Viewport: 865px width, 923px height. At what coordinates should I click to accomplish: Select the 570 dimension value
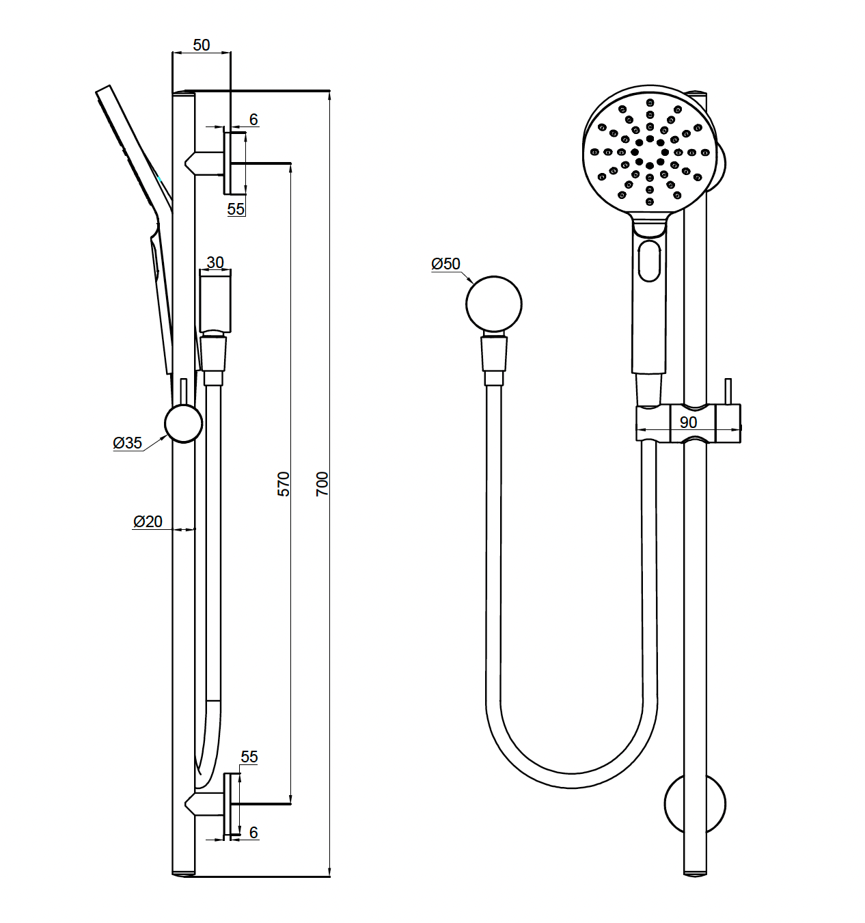pos(284,483)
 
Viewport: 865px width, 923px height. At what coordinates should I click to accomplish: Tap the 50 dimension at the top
pos(202,45)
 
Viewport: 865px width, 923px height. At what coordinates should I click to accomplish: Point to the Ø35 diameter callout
pos(128,443)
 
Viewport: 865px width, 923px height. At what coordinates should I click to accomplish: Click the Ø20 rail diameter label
pos(148,522)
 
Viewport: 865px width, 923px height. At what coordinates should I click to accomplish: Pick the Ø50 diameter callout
pos(446,263)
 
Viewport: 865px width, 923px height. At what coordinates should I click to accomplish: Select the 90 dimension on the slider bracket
pos(688,422)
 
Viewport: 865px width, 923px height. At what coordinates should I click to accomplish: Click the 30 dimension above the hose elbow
pos(215,263)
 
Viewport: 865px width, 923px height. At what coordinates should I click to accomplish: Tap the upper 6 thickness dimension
pos(253,120)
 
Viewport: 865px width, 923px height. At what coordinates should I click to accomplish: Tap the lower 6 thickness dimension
pos(253,832)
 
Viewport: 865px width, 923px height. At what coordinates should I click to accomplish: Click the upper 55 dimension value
pos(236,209)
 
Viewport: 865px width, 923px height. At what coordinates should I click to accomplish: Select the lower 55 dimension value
pos(249,756)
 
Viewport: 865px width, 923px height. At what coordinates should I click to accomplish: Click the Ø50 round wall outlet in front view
pos(494,304)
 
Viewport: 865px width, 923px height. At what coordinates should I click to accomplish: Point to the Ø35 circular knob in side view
pos(184,423)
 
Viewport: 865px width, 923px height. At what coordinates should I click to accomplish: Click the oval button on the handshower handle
pos(649,260)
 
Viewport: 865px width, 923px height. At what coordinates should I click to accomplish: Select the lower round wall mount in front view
pos(695,804)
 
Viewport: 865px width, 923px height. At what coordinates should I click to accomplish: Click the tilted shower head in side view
pos(133,150)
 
